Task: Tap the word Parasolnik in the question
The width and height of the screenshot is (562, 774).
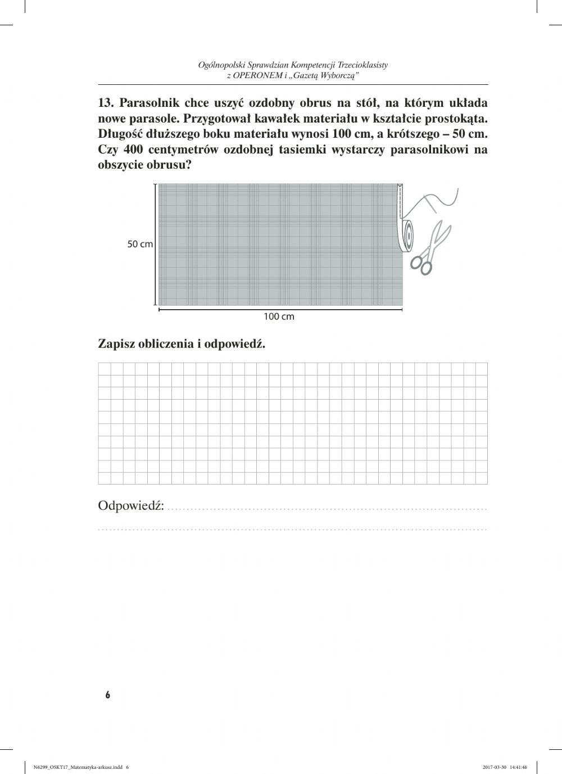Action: point(148,103)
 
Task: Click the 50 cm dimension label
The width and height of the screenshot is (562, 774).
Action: point(140,245)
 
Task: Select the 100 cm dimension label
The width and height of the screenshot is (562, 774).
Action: point(279,316)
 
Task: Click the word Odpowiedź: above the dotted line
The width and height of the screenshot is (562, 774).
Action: point(132,506)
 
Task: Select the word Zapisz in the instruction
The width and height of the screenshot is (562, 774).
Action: point(116,343)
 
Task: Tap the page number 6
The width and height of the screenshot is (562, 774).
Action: point(108,695)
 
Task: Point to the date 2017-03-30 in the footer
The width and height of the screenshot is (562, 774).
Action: point(494,767)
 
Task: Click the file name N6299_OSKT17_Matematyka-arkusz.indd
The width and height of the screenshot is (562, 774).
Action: point(78,767)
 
